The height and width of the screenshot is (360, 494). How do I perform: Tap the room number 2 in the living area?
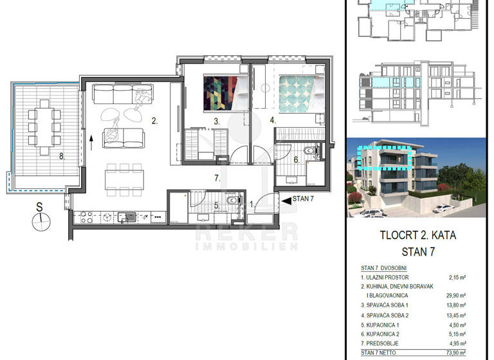[154, 120]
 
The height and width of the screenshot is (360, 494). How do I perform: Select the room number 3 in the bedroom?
[217, 121]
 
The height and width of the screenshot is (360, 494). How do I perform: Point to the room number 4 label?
[273, 120]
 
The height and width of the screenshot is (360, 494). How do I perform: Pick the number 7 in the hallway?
[218, 178]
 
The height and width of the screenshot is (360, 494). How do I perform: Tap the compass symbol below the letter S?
[40, 223]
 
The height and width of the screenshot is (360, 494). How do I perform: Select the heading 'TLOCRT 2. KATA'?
[418, 235]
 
